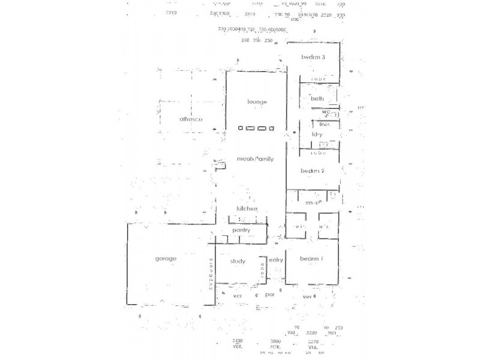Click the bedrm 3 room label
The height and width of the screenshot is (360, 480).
[x=313, y=58]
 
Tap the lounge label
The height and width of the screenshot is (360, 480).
[x=257, y=102]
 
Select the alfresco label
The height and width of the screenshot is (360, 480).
[x=191, y=119]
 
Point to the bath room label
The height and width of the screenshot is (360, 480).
[x=317, y=98]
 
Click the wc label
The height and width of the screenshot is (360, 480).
[x=326, y=112]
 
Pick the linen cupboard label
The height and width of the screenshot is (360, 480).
[x=325, y=125]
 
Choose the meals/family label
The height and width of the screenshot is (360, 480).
[x=256, y=159]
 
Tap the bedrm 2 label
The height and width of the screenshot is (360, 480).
[x=313, y=171]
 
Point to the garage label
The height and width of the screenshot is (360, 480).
[x=166, y=259]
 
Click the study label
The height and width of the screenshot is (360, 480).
[x=238, y=261]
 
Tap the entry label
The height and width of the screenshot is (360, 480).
[x=276, y=260]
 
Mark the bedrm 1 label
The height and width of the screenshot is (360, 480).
[x=312, y=259]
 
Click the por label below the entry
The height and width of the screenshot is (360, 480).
[x=270, y=295]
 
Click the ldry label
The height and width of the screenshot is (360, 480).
[x=317, y=134]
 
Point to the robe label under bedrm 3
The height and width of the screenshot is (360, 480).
[x=318, y=79]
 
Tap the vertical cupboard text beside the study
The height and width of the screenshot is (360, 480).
[x=211, y=274]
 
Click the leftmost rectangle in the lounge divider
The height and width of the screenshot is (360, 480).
[x=241, y=128]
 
